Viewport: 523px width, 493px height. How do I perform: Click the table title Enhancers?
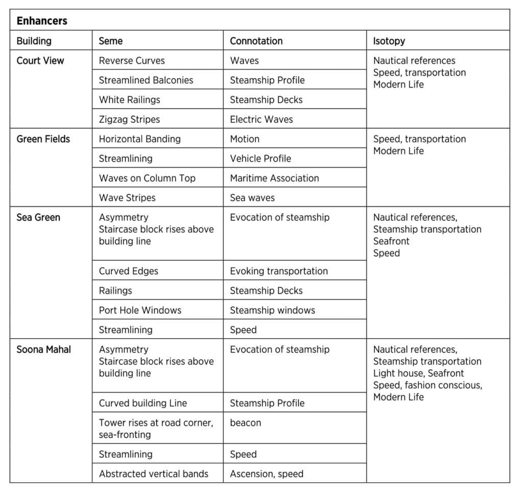click(x=42, y=21)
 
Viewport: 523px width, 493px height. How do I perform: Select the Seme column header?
click(x=111, y=41)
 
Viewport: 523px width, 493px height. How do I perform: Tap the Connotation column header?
click(x=256, y=41)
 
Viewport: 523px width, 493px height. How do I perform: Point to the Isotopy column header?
click(x=389, y=41)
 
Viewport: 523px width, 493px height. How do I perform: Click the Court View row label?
click(x=40, y=60)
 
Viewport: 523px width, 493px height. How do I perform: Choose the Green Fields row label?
click(x=43, y=139)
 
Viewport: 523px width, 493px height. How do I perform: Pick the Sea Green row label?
click(x=38, y=217)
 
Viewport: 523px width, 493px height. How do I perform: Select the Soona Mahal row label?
click(x=44, y=349)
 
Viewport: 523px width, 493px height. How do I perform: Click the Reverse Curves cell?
click(x=132, y=60)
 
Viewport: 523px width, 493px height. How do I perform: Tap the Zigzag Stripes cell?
click(x=129, y=119)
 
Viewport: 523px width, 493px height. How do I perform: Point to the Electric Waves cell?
click(x=261, y=119)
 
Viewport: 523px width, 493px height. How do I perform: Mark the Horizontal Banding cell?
click(x=139, y=139)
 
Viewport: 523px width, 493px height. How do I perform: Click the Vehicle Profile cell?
click(x=260, y=159)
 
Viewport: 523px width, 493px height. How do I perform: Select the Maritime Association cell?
click(x=274, y=178)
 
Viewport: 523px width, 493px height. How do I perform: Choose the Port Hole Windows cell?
click(x=140, y=310)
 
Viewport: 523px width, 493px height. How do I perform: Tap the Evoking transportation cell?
click(x=279, y=271)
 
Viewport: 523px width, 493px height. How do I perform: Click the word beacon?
click(x=245, y=423)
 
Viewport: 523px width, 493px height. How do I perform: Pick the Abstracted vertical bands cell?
click(x=153, y=474)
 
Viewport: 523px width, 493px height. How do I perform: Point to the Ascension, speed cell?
click(x=267, y=474)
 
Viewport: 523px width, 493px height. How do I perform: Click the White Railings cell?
click(x=129, y=100)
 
